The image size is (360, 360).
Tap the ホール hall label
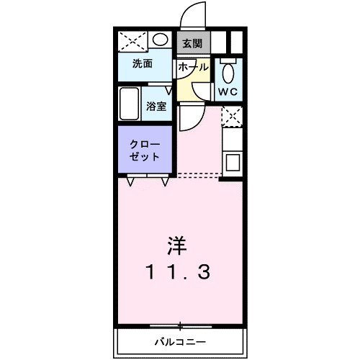tap(192, 66)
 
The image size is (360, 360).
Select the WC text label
tap(228, 92)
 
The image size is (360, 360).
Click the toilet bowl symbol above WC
tap(228, 72)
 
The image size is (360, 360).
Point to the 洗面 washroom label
tap(142, 63)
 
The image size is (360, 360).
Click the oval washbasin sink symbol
tap(161, 40)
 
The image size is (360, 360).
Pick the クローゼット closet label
tap(145, 149)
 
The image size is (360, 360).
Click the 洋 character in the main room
tap(179, 245)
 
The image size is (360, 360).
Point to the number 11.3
tap(179, 273)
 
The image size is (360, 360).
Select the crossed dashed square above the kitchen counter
tap(231, 116)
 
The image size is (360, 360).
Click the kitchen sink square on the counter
tap(233, 162)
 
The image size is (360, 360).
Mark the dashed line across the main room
tap(198, 174)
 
